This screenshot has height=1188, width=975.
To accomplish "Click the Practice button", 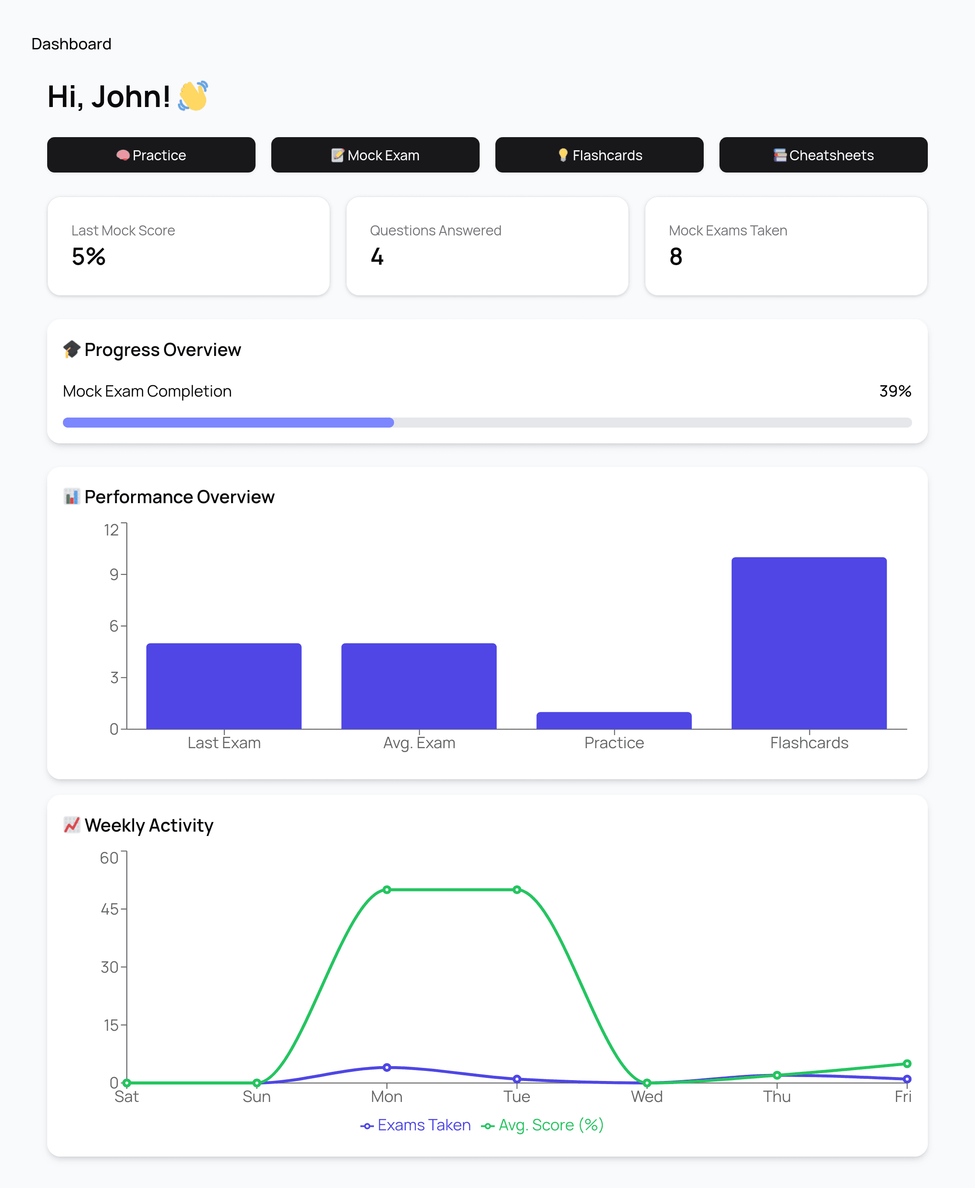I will tap(151, 155).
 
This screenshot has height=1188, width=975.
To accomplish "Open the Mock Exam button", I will tap(375, 155).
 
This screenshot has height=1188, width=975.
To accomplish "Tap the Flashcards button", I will tap(599, 155).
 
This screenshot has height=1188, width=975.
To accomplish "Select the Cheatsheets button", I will tap(823, 155).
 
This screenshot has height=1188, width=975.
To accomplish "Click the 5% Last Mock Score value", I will tap(89, 256).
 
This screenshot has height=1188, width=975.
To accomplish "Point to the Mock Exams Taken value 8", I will tap(676, 256).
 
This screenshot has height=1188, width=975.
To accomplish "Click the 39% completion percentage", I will tap(895, 391).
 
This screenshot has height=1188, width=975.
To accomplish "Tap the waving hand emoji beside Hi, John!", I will tap(193, 96).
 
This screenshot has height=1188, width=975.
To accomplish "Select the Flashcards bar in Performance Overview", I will tap(809, 643).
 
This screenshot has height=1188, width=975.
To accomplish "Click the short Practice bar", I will tap(614, 720).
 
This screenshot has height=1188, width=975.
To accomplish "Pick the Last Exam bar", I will tap(224, 686).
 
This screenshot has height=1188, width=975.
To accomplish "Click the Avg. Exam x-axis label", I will tap(419, 743).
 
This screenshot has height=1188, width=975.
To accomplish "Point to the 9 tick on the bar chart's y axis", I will tap(114, 574).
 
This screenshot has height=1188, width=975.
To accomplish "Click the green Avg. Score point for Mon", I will tap(387, 889).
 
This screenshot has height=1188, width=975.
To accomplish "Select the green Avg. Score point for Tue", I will tap(517, 889).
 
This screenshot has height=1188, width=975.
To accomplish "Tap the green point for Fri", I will tap(906, 1064).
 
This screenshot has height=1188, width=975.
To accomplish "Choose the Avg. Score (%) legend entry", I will tap(543, 1125).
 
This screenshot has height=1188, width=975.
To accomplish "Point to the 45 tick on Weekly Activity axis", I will tap(110, 909).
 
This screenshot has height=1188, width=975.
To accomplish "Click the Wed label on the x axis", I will tap(647, 1096).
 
